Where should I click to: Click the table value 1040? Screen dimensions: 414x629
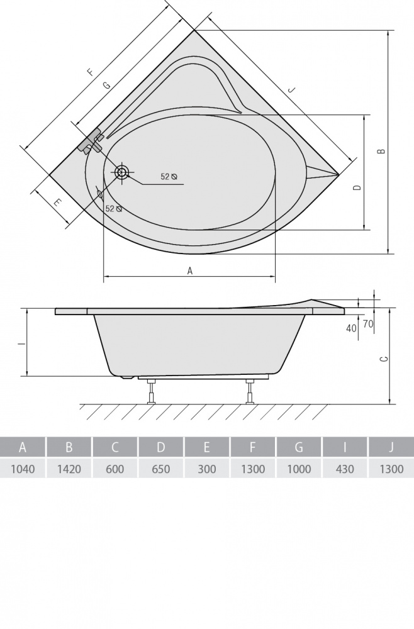pyautogui.click(x=23, y=469)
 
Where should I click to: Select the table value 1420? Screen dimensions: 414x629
pyautogui.click(x=69, y=469)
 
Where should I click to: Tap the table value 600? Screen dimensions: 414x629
pyautogui.click(x=115, y=469)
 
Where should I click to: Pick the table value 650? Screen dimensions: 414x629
pyautogui.click(x=161, y=469)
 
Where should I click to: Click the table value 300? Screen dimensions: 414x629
pyautogui.click(x=207, y=469)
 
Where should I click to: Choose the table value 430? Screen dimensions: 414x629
pyautogui.click(x=345, y=469)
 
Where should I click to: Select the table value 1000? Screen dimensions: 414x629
pyautogui.click(x=299, y=469)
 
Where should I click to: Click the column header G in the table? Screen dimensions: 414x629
pyautogui.click(x=299, y=447)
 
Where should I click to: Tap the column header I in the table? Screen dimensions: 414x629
pyautogui.click(x=345, y=447)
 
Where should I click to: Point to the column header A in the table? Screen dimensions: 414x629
pyautogui.click(x=23, y=447)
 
